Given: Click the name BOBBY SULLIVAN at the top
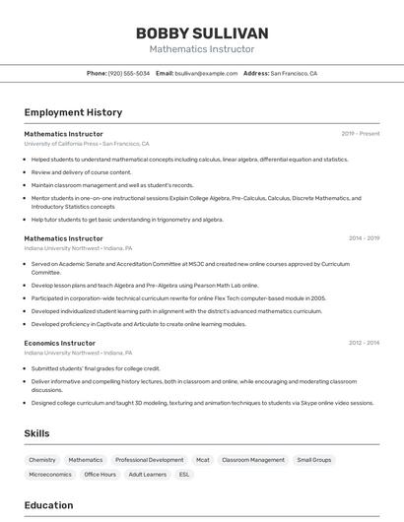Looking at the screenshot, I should point(202,33).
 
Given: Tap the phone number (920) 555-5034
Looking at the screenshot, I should point(128,73).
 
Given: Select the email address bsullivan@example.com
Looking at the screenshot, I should point(206,73).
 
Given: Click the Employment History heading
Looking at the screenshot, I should point(73,112).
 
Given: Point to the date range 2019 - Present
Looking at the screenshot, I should point(361,134).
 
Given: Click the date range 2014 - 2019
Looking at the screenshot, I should point(364,238).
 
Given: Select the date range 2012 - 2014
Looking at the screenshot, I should point(364,343).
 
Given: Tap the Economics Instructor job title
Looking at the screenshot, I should point(60,343).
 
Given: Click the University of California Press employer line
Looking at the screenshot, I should point(87,144).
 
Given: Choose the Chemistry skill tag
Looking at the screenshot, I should point(42,460).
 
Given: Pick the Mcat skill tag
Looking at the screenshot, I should point(203,460).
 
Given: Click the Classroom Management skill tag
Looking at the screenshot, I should point(253,460).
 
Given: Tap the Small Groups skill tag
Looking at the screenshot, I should point(314,460).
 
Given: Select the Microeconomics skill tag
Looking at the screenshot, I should point(50,475).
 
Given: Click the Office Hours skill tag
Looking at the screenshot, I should point(101,475).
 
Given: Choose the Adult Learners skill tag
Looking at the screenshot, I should point(148,475).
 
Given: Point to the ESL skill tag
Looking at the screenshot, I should point(184,475).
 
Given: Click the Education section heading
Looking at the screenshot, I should point(49,505).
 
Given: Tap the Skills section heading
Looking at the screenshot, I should point(36,433).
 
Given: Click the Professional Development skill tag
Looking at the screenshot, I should point(149,460).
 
